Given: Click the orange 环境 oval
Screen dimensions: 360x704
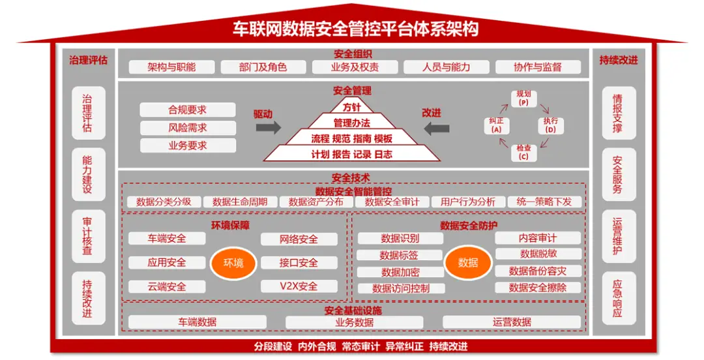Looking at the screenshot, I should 233,263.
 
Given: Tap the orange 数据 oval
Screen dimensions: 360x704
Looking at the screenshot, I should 467,262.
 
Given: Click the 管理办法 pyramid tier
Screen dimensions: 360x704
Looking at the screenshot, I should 352,123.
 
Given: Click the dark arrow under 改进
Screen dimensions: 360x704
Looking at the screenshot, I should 436,128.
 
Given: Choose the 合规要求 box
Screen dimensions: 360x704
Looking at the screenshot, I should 188,110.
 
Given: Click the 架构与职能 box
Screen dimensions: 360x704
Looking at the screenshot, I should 171,67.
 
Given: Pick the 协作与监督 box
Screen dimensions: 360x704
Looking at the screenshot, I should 538,67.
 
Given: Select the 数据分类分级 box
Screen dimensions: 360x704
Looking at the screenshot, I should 164,202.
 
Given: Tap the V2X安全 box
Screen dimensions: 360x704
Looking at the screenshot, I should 299,286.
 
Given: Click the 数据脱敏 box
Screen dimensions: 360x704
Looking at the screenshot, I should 538,254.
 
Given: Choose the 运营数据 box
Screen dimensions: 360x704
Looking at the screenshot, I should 512,322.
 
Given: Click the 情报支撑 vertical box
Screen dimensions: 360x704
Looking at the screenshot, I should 618,113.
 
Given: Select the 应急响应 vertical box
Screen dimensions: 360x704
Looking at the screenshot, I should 618,298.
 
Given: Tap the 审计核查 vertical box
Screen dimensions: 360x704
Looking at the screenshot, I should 87,236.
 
